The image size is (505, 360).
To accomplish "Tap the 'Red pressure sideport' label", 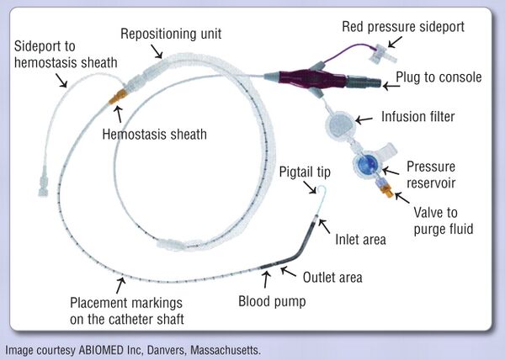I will [x=401, y=27].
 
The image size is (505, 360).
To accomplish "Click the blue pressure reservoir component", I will [x=367, y=164].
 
